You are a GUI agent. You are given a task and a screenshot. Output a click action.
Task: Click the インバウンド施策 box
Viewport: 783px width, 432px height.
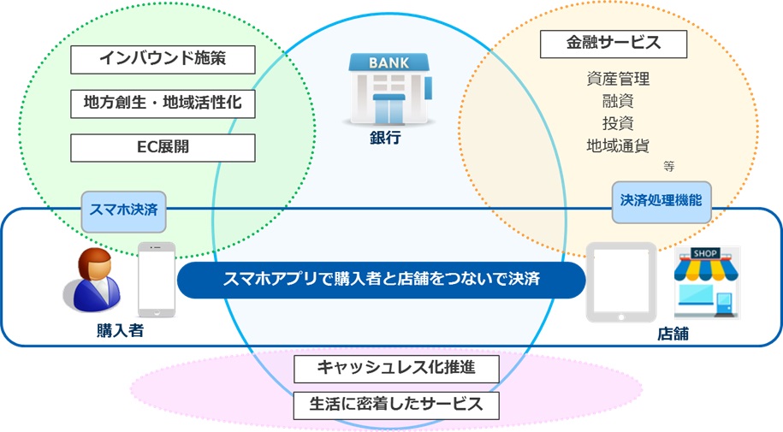(163, 59)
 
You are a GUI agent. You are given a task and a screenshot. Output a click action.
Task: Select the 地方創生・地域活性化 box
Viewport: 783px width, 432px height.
(163, 104)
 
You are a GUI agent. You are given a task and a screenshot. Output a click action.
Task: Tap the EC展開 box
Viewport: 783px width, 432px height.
(163, 147)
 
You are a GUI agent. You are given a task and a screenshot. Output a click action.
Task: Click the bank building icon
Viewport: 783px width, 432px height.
(389, 89)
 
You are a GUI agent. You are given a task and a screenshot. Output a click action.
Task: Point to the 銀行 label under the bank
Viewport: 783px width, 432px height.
(385, 138)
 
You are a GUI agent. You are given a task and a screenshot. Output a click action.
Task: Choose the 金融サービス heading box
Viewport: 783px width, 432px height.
(614, 44)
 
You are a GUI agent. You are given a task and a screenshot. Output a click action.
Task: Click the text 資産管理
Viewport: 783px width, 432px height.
(618, 79)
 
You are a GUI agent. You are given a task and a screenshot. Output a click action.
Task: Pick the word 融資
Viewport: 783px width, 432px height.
(618, 101)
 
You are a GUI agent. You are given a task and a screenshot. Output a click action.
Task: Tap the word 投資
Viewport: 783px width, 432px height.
(618, 123)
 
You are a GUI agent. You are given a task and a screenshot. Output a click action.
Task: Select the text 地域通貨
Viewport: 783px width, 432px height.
(618, 145)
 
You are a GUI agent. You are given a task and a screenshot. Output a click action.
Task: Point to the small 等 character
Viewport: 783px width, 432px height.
(669, 166)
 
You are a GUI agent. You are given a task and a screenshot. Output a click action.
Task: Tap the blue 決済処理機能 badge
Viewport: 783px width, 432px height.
(661, 202)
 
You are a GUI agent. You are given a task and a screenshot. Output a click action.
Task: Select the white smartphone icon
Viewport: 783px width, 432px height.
(157, 280)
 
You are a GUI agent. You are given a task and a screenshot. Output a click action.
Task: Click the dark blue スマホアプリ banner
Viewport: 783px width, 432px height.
(381, 280)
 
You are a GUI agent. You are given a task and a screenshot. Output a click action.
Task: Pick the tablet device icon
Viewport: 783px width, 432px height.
(621, 282)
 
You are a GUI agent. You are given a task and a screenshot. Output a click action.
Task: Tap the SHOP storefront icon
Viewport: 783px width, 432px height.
(706, 282)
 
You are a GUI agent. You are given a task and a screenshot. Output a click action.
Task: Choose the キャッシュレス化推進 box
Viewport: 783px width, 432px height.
(396, 369)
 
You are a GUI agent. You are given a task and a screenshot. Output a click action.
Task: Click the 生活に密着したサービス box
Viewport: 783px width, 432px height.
(396, 405)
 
